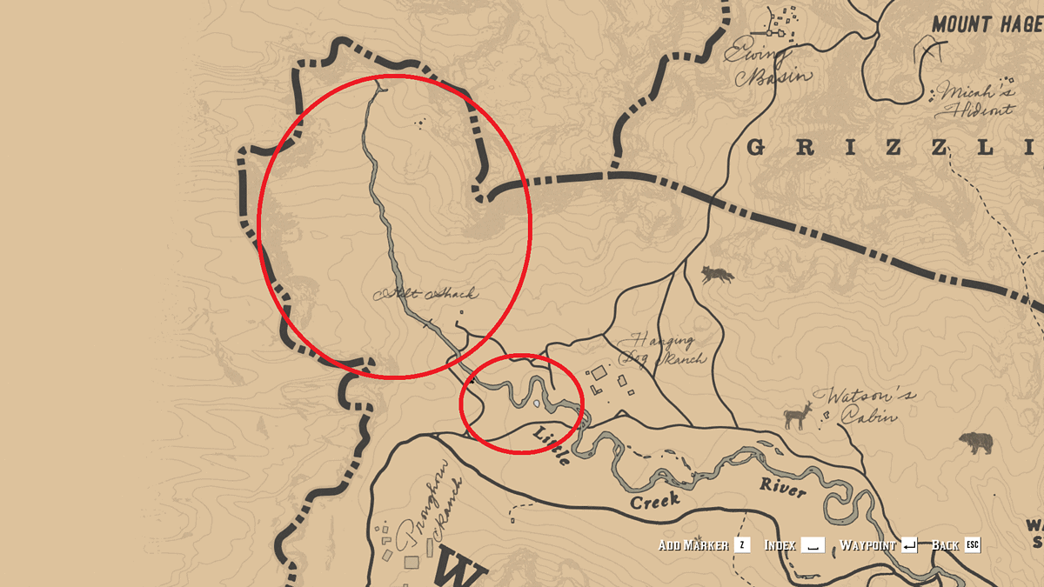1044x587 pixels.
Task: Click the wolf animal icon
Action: tap(718, 275)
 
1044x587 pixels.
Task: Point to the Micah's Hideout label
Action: tap(974, 101)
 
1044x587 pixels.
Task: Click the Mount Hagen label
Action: tap(987, 24)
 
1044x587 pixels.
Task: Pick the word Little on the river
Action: tap(553, 445)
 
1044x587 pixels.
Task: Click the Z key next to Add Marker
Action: tap(742, 545)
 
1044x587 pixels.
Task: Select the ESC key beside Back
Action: tap(972, 545)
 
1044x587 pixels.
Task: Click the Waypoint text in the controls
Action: tap(867, 545)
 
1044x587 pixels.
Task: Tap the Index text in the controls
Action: tap(780, 545)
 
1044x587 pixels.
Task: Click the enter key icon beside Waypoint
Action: tap(909, 545)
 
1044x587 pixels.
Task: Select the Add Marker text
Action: tap(693, 545)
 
